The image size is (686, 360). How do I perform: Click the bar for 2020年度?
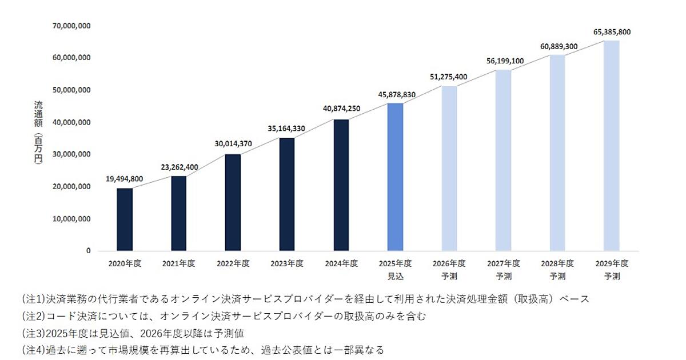(125, 219)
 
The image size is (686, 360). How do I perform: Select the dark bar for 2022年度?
(233, 202)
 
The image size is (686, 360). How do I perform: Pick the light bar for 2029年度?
(612, 146)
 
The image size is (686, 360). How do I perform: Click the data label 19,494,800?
(125, 179)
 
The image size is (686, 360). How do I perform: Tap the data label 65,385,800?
(612, 32)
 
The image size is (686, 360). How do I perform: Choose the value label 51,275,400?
(449, 77)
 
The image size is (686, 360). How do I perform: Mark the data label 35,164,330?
(287, 128)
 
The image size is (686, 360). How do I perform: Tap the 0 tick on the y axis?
(88, 251)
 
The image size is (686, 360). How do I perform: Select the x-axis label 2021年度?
(179, 263)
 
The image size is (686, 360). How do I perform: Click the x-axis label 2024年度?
(341, 263)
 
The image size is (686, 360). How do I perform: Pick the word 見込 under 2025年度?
(395, 275)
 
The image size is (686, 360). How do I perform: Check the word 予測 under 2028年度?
(557, 275)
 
